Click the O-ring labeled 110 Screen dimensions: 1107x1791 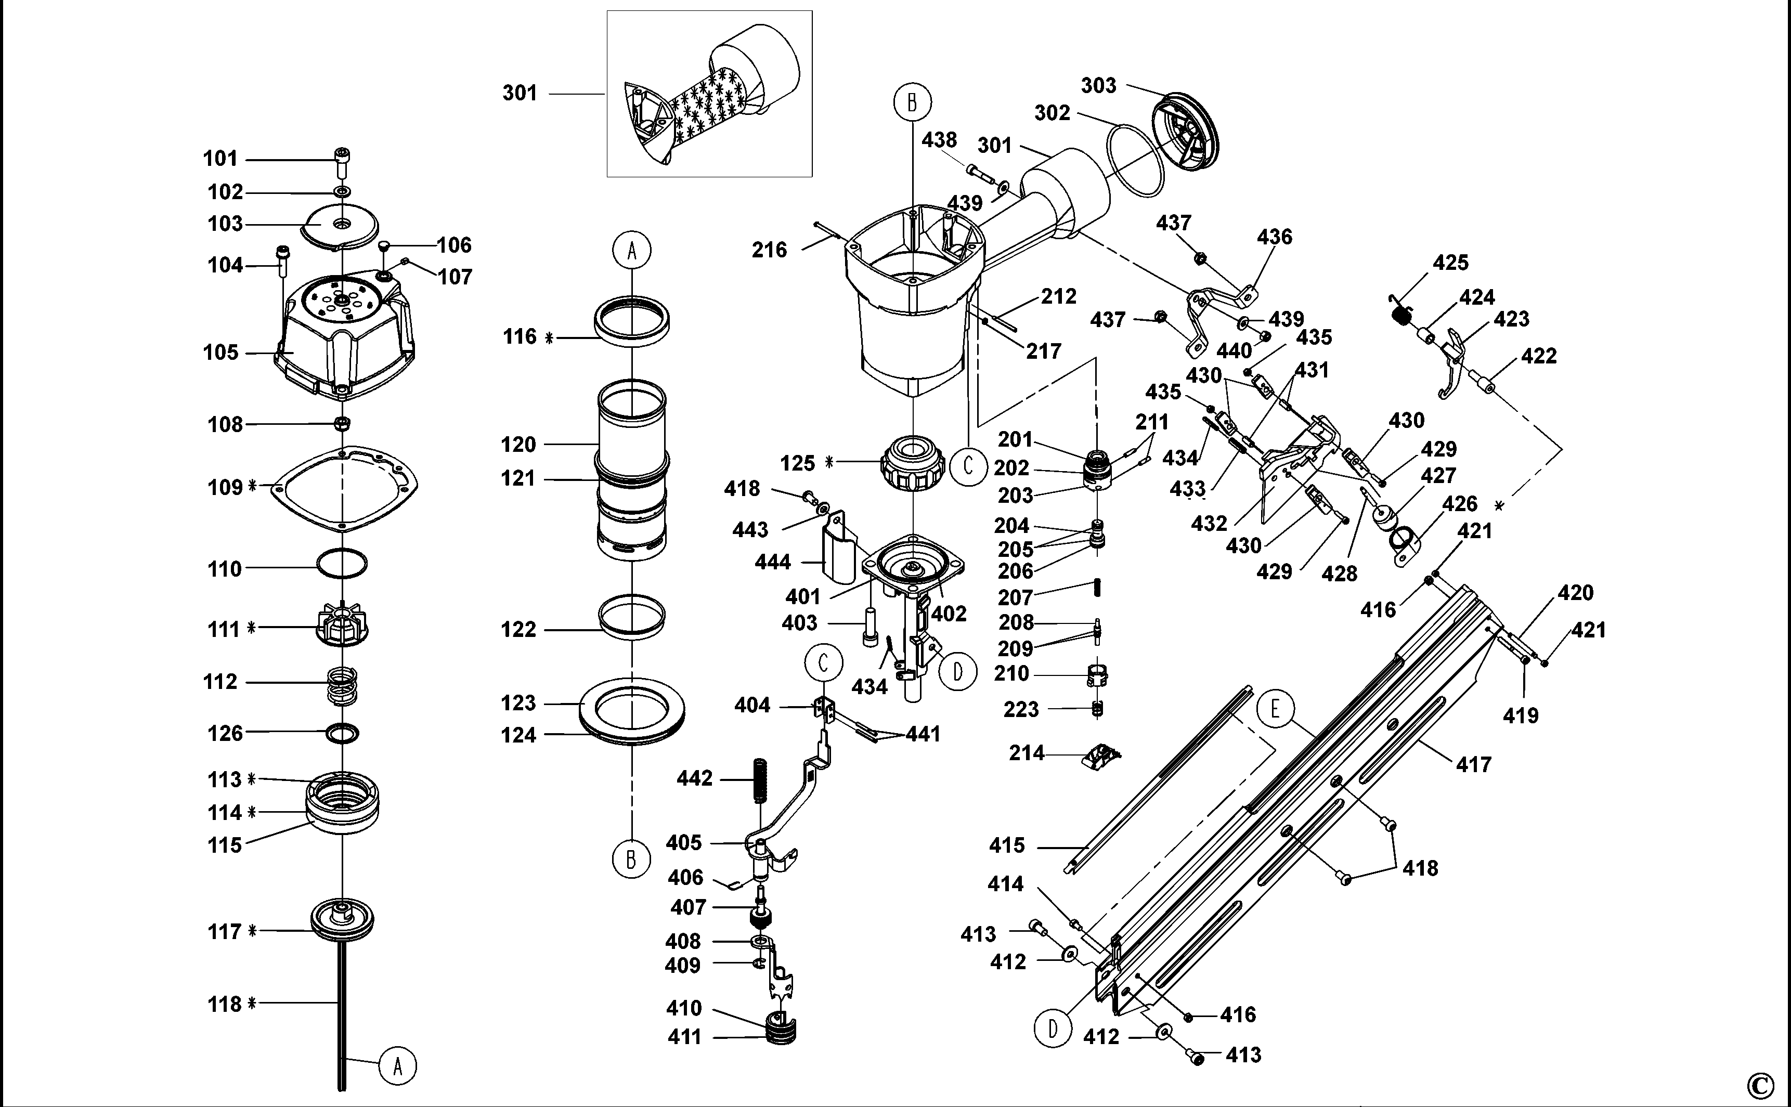[342, 565]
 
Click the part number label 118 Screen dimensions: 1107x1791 [225, 1004]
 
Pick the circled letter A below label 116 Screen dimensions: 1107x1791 [632, 251]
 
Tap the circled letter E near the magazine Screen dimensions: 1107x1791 [1275, 709]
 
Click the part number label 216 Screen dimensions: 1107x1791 [769, 251]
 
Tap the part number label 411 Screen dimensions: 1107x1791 [684, 1037]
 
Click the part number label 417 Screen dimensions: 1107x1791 [1473, 765]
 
